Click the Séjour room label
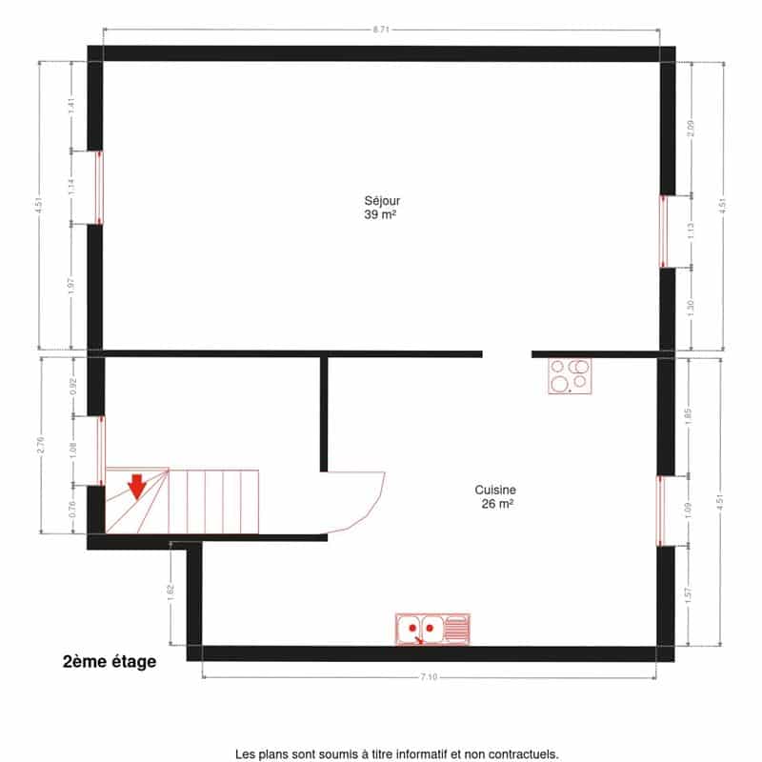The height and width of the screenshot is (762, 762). click(382, 201)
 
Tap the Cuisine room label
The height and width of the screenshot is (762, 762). click(495, 490)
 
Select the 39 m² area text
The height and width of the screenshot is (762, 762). click(380, 214)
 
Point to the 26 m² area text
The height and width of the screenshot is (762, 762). click(497, 504)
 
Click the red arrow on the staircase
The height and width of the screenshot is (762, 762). click(137, 487)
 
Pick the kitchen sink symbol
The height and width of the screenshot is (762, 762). click(432, 629)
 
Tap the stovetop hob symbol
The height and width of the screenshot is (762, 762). click(570, 375)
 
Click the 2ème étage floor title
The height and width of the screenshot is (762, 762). click(110, 661)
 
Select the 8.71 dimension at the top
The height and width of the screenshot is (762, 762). click(381, 30)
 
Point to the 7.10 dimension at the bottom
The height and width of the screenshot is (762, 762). click(429, 676)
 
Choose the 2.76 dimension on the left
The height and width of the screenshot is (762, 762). click(40, 445)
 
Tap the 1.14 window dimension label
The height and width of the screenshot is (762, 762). click(70, 187)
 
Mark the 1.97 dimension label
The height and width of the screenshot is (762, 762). click(70, 287)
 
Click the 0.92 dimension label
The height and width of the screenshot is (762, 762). click(73, 387)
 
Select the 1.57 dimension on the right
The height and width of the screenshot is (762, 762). click(688, 596)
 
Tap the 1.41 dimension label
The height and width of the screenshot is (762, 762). click(70, 106)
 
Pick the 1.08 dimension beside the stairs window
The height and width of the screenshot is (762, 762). click(73, 451)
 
